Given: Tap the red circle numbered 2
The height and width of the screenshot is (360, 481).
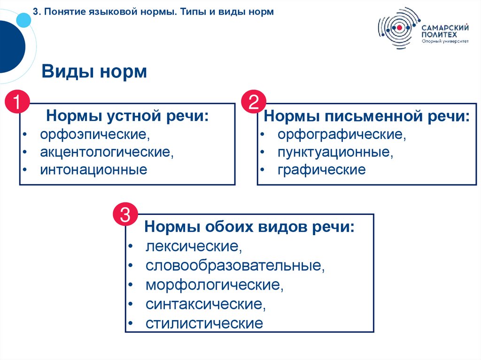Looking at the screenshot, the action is pyautogui.click(x=254, y=102).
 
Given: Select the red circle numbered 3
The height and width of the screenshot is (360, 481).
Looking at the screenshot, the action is pyautogui.click(x=125, y=215).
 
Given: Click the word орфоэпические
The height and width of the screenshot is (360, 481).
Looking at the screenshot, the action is pyautogui.click(x=94, y=135).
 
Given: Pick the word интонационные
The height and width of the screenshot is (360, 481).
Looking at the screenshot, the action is pyautogui.click(x=93, y=169).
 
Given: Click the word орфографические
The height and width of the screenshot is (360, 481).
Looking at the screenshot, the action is pyautogui.click(x=341, y=135).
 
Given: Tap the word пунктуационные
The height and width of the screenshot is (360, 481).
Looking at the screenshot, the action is pyautogui.click(x=334, y=152).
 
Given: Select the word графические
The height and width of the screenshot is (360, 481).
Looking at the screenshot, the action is pyautogui.click(x=321, y=169).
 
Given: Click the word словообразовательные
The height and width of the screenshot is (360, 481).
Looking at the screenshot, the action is pyautogui.click(x=235, y=266).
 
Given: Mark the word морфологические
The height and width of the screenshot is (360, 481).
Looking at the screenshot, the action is pyautogui.click(x=214, y=285).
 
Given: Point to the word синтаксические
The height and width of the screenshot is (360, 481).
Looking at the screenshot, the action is pyautogui.click(x=205, y=304).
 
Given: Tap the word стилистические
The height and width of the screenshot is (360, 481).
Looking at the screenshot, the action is pyautogui.click(x=204, y=323).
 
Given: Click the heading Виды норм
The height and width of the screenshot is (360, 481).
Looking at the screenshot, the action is pyautogui.click(x=94, y=72).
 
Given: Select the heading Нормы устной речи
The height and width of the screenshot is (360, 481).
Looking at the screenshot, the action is pyautogui.click(x=127, y=115).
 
